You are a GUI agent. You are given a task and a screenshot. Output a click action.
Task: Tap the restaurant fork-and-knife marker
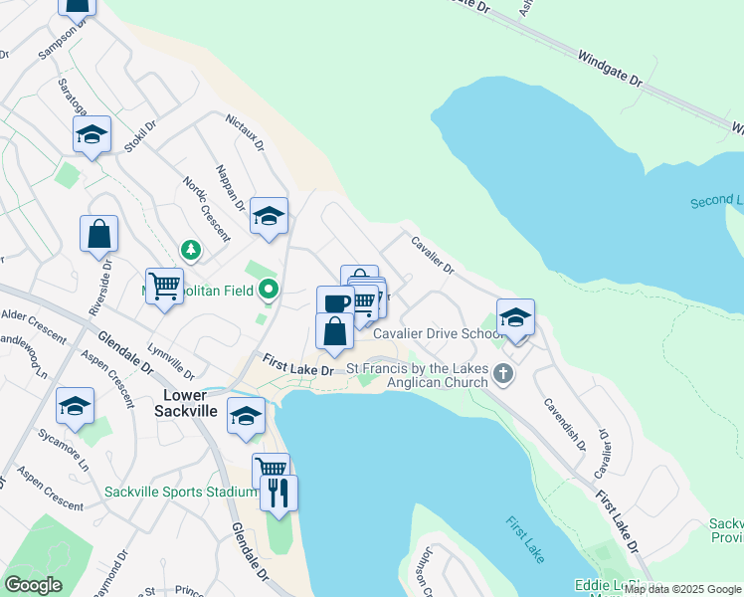[279, 491]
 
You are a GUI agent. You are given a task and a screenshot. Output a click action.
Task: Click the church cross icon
[504, 374]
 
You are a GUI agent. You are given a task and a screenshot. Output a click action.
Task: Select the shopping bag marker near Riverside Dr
[99, 234]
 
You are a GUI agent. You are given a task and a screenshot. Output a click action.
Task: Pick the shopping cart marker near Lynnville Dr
[164, 287]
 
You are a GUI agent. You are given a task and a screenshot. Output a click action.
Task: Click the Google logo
[34, 585]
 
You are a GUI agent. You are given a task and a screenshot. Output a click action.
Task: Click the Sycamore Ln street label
[64, 448]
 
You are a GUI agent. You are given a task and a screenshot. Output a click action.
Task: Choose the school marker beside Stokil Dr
[93, 134]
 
